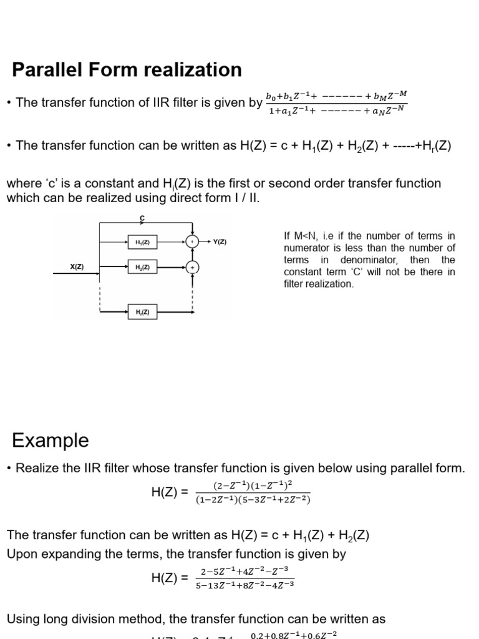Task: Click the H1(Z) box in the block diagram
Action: pyautogui.click(x=142, y=241)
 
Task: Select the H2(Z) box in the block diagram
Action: pyautogui.click(x=142, y=267)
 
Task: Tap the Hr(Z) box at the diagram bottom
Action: pyautogui.click(x=142, y=311)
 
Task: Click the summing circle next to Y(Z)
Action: pyautogui.click(x=192, y=241)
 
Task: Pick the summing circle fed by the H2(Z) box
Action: pyautogui.click(x=192, y=267)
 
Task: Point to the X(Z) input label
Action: pyautogui.click(x=76, y=267)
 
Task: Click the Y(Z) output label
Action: pyautogui.click(x=220, y=241)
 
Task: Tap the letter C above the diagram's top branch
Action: pyautogui.click(x=142, y=218)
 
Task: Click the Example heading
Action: pyautogui.click(x=51, y=441)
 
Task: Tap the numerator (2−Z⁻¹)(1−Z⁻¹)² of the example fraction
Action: pyautogui.click(x=252, y=485)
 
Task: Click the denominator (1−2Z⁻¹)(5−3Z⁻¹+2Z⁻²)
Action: pyautogui.click(x=253, y=499)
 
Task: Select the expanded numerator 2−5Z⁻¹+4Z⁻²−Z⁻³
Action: pyautogui.click(x=244, y=572)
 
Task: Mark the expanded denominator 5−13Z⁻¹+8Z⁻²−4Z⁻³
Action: pyautogui.click(x=244, y=585)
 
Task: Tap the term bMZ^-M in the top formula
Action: pyautogui.click(x=390, y=95)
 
